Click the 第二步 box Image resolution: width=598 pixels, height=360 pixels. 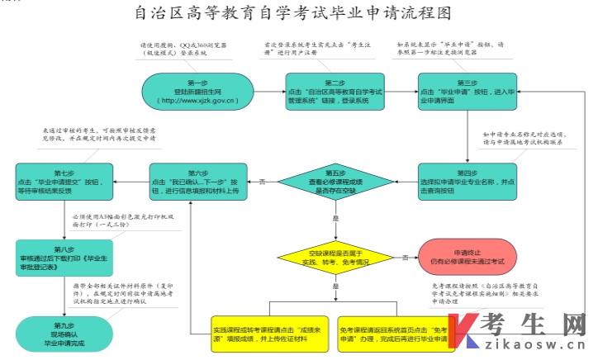click(x=335, y=93)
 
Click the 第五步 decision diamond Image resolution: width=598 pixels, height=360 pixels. click(x=335, y=181)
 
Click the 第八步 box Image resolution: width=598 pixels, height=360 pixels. click(x=57, y=258)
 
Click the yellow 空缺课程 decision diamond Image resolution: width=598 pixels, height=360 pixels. click(x=335, y=257)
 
